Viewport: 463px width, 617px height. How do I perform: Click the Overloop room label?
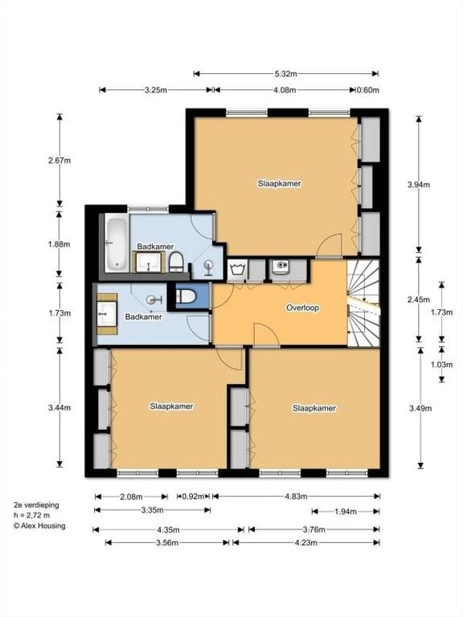click(x=305, y=308)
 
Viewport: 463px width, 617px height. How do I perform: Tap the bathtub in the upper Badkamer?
click(x=115, y=243)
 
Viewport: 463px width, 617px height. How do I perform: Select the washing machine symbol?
click(x=236, y=269)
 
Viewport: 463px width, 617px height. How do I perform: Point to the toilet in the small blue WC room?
click(x=185, y=297)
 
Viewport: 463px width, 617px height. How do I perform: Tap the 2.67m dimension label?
click(x=59, y=160)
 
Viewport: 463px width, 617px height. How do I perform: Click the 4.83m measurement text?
click(x=295, y=496)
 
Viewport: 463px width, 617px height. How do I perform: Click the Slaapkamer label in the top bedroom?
click(x=279, y=183)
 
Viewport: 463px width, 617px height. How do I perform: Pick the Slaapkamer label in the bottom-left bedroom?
click(x=172, y=407)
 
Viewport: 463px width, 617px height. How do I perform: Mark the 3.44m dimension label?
click(x=59, y=408)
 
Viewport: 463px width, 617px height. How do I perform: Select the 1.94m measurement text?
click(x=345, y=512)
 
